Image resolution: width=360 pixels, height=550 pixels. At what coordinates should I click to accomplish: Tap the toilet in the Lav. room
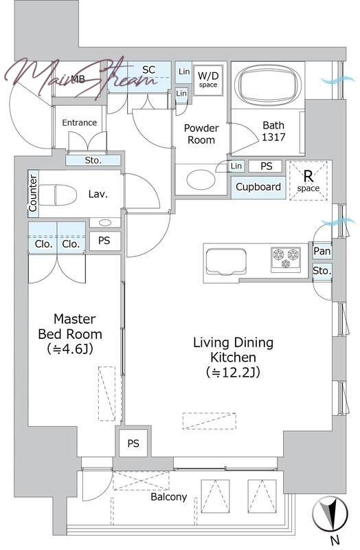(58, 195)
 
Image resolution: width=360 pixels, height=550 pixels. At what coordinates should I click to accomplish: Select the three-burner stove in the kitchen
(286, 259)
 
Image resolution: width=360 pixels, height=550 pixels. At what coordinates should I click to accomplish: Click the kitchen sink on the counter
(226, 261)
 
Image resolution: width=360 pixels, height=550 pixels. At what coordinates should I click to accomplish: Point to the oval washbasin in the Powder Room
(201, 179)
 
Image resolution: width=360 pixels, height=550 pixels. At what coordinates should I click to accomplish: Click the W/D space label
(208, 79)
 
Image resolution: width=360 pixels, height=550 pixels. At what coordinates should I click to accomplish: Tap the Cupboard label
(258, 186)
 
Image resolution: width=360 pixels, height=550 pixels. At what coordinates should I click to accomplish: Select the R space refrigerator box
(308, 181)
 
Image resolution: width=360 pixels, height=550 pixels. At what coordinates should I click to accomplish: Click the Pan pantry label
(322, 251)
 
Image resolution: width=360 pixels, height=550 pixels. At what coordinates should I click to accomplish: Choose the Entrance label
(80, 122)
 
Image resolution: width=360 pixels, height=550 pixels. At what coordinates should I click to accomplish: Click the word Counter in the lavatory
(33, 193)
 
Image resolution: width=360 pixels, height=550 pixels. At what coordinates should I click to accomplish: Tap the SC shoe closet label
(148, 70)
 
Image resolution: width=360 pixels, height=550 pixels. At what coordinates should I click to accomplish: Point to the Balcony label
(168, 496)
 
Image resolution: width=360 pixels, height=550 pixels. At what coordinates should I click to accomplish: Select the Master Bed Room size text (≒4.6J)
(70, 349)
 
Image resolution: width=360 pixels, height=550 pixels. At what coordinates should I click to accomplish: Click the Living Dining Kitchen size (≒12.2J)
(233, 372)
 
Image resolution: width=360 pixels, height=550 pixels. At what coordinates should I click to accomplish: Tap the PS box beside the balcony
(133, 443)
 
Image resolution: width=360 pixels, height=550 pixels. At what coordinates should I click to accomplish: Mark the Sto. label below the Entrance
(93, 160)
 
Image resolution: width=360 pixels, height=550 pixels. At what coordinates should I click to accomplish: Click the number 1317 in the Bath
(273, 137)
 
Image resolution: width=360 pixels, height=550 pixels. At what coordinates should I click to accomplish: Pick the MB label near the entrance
(78, 79)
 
